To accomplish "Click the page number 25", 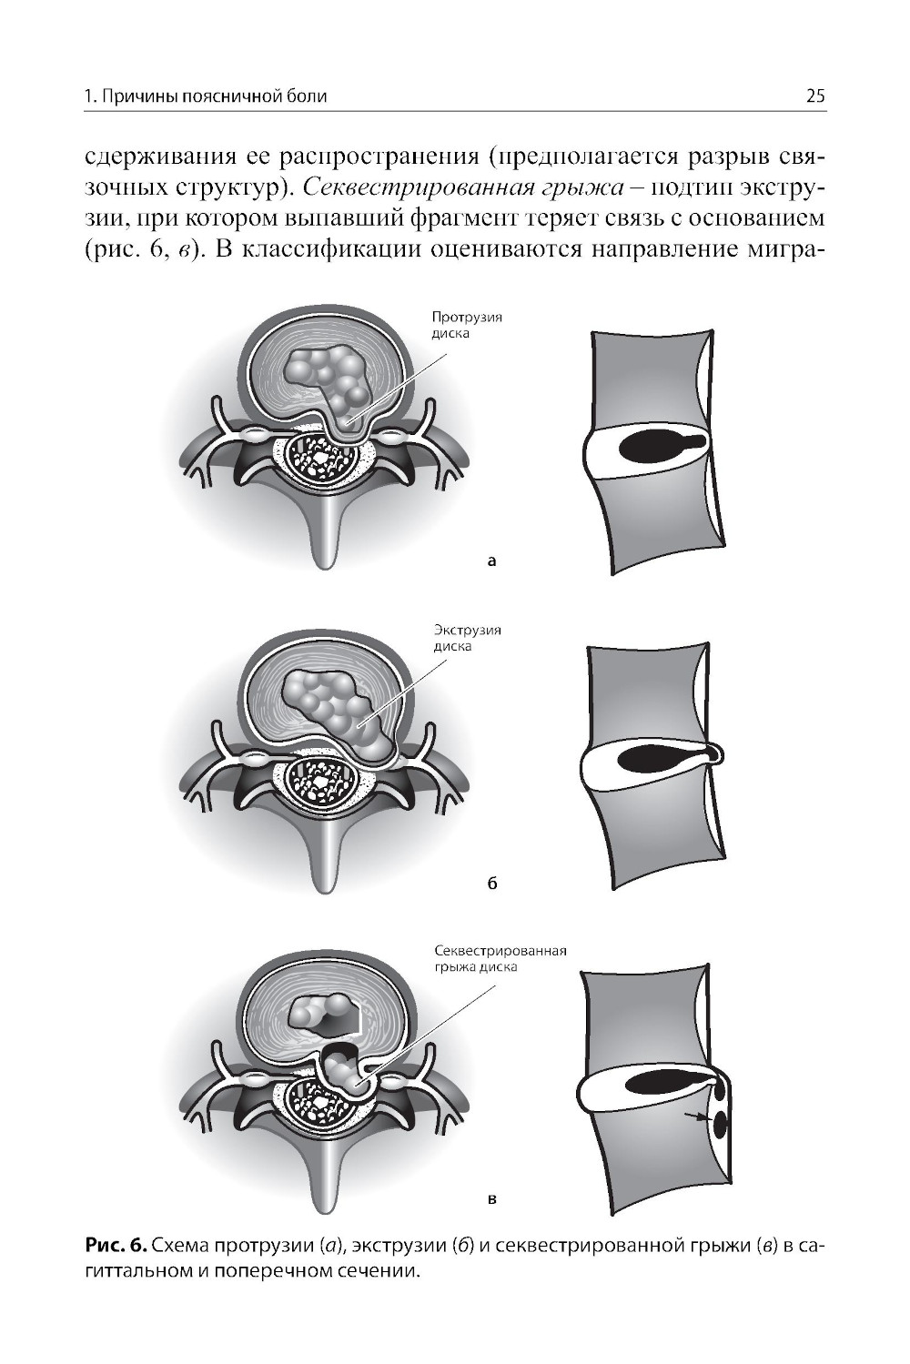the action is (815, 96).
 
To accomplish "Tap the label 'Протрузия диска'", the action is (467, 325).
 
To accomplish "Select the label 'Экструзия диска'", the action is (467, 638).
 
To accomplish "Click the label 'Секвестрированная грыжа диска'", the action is (500, 958).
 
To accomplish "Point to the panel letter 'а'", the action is (491, 561).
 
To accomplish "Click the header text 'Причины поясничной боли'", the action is (214, 96).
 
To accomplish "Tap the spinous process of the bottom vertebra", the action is (327, 1163).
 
